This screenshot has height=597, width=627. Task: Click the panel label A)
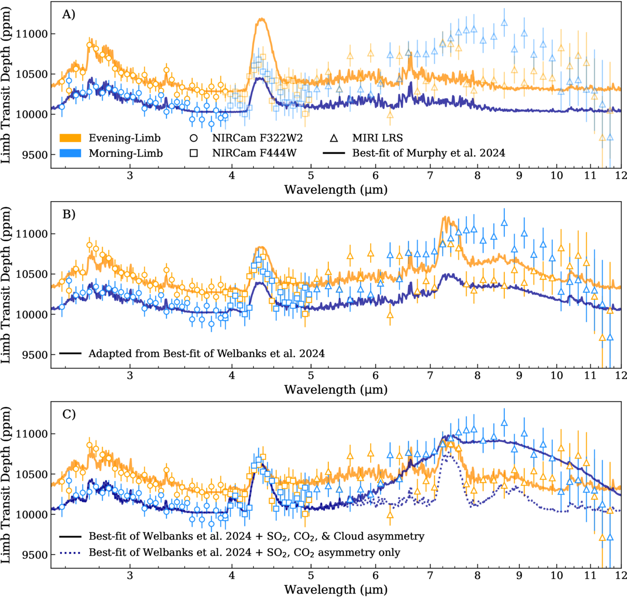pos(69,15)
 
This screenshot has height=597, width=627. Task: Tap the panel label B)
pos(69,214)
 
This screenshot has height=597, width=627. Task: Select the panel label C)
pos(69,414)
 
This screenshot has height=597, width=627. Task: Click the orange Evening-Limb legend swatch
pos(70,138)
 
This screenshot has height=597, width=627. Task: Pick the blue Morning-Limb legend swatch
pos(70,153)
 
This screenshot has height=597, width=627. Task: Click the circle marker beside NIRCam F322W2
pos(193,138)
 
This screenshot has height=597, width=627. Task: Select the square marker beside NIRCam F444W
pos(193,153)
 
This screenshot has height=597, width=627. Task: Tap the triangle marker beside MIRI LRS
pos(334,138)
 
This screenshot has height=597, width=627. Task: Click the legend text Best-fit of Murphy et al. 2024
pos(428,153)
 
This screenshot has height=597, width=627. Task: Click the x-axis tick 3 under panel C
pos(130,575)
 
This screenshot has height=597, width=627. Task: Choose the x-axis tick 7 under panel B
pos(430,375)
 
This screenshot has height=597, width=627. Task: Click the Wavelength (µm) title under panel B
pos(336,389)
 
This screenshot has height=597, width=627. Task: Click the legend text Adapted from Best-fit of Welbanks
pos(206,354)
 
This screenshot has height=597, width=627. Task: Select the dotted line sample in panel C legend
pos(70,552)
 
